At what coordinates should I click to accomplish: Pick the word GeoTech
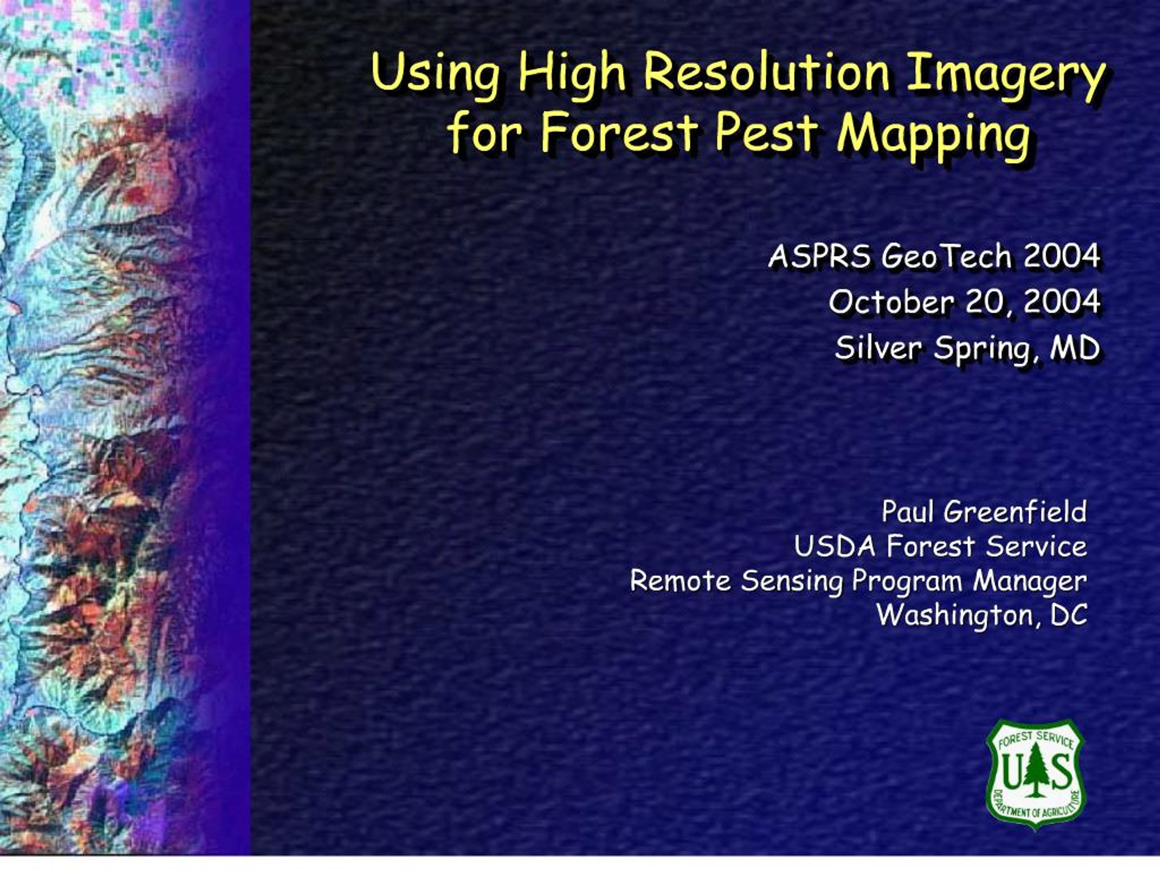pos(946,256)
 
